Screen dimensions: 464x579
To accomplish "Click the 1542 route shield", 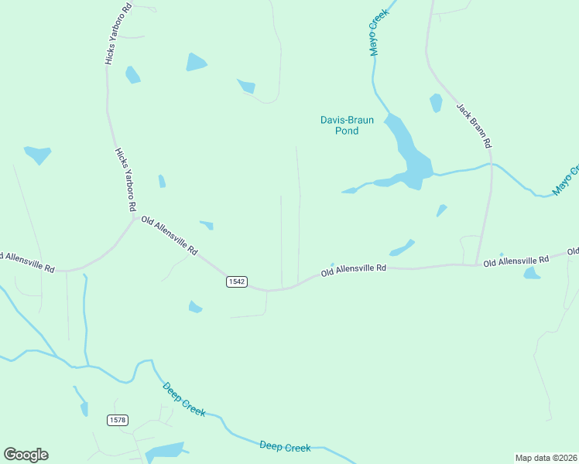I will click(237, 281).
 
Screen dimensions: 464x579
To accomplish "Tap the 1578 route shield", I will click(118, 420).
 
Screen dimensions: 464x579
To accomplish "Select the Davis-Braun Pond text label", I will click(347, 125).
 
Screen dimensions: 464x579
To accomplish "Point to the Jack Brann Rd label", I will click(474, 125).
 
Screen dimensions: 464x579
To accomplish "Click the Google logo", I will click(26, 455).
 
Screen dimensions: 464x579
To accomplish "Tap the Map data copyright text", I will click(546, 457).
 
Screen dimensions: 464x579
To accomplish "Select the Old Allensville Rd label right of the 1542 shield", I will click(354, 270).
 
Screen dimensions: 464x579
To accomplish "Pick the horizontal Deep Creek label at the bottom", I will click(285, 447).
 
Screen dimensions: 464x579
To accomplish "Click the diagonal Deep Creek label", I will click(184, 400).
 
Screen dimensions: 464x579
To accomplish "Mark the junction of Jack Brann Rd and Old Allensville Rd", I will click(477, 265).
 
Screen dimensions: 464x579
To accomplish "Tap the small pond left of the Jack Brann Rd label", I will click(436, 103).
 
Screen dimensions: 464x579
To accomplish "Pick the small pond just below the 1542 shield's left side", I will click(195, 308).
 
